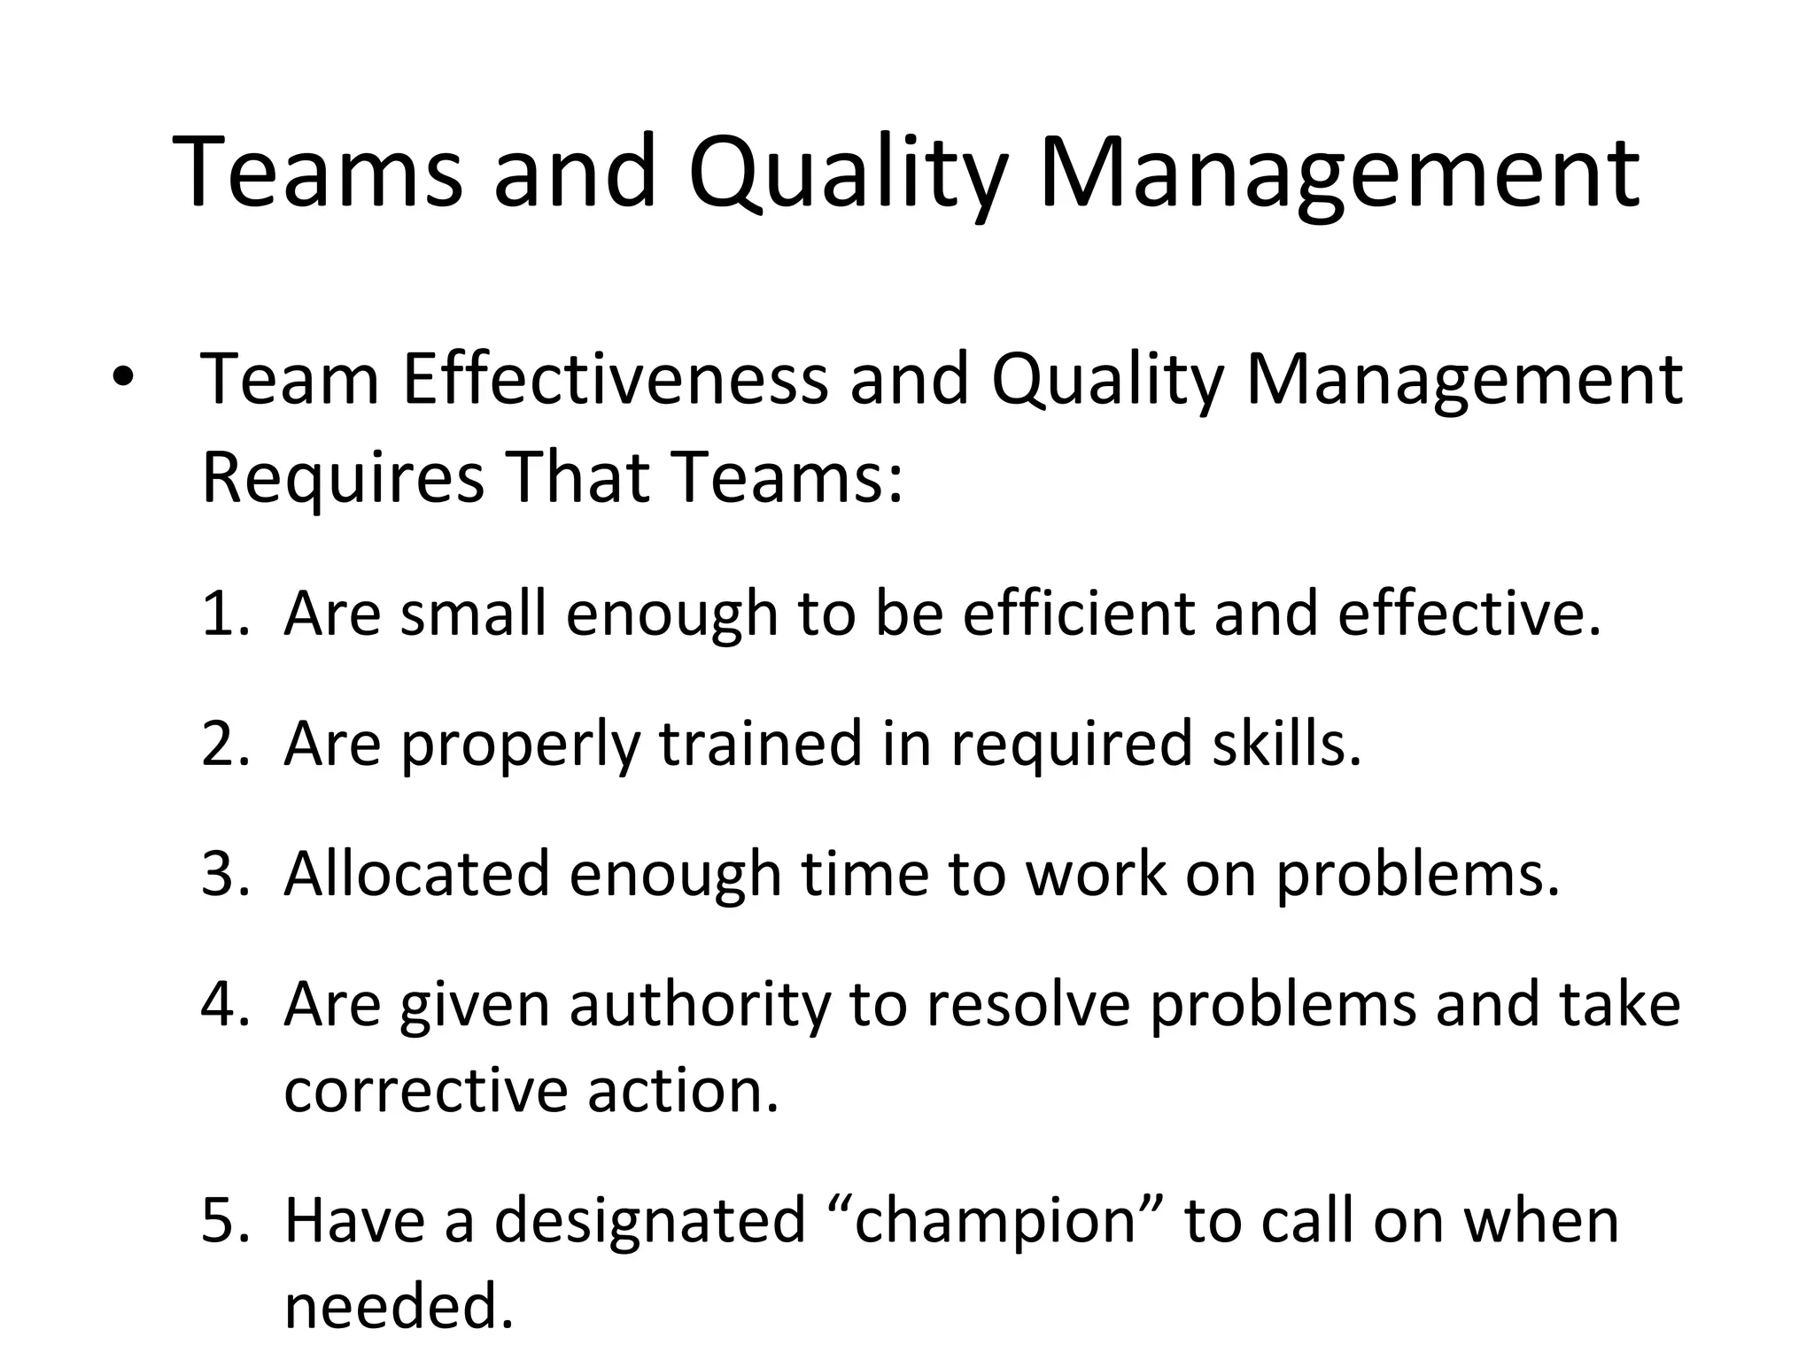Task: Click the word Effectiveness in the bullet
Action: click(x=615, y=380)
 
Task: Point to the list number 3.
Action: click(x=225, y=873)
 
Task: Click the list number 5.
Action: click(x=225, y=1220)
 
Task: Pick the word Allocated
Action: click(x=416, y=873)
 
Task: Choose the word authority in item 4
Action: click(x=700, y=1004)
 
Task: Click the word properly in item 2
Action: click(x=519, y=746)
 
